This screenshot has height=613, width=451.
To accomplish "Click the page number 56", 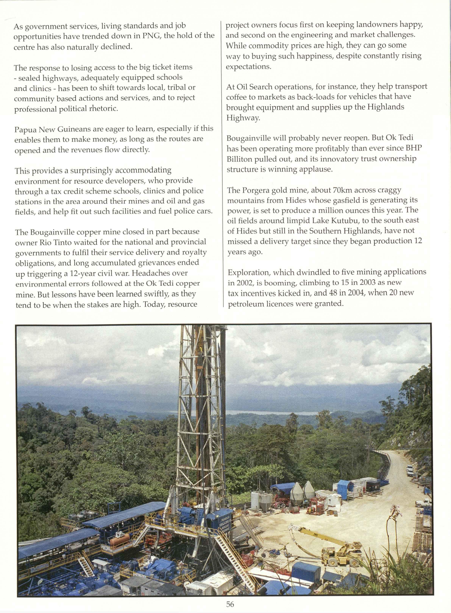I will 230,604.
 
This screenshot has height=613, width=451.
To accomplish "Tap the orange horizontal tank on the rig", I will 120,539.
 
